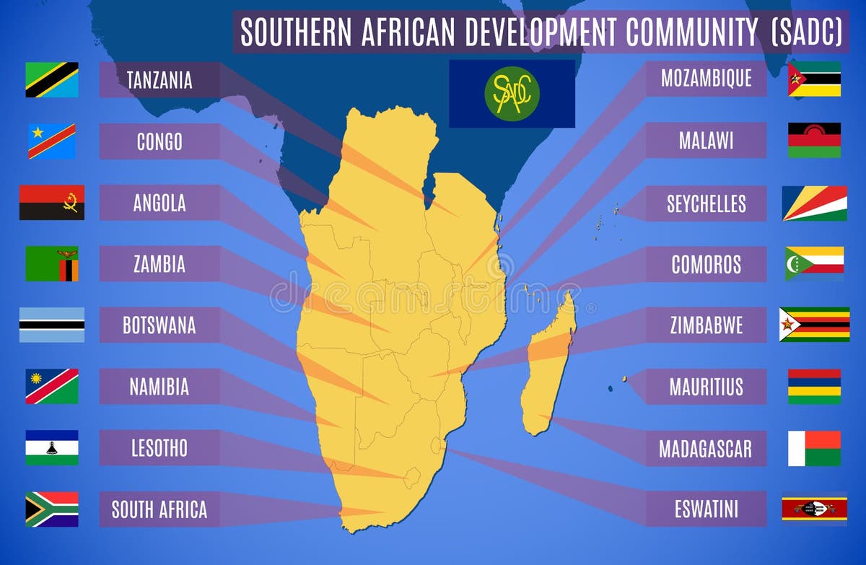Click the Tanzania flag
tap(52, 79)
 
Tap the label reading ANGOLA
tap(159, 203)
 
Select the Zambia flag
tap(52, 263)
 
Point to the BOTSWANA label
tap(159, 325)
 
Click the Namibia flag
tap(52, 386)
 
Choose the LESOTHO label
tap(159, 448)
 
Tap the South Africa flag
tap(52, 509)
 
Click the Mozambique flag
tap(814, 79)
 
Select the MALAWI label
tap(706, 141)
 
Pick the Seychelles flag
tap(814, 203)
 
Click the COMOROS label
tap(706, 264)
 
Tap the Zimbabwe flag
tap(814, 325)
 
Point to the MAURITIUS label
tap(706, 387)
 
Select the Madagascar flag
tap(814, 448)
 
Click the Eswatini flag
tap(814, 509)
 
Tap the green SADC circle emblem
tap(512, 94)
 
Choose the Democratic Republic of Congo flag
tap(52, 141)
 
